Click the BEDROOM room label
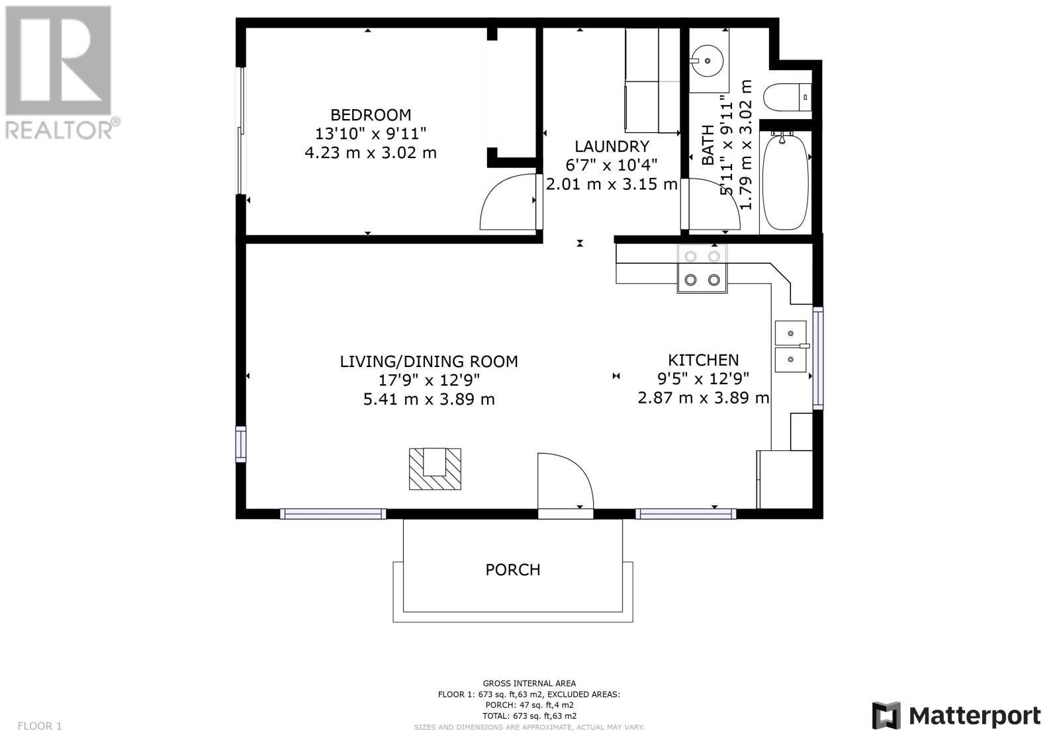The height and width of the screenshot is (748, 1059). (x=371, y=115)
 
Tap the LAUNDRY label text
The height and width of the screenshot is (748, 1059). (x=612, y=146)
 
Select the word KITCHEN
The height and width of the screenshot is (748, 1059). (x=703, y=360)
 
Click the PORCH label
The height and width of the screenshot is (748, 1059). (x=513, y=570)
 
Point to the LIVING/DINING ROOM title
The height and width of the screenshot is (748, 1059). (x=429, y=362)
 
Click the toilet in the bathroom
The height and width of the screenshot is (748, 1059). (x=788, y=97)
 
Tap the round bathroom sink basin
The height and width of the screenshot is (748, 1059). (x=708, y=60)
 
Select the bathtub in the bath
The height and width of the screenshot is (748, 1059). (x=785, y=182)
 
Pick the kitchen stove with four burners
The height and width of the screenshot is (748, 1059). (x=702, y=269)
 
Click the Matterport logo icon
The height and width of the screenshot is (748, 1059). (x=886, y=716)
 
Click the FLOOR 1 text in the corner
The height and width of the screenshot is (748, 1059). (x=40, y=726)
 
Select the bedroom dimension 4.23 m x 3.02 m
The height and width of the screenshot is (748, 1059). (x=371, y=153)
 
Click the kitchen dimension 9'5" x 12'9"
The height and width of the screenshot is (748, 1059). (x=703, y=379)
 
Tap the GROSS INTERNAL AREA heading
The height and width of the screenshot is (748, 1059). (x=529, y=683)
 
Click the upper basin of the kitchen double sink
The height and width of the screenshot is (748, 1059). (x=790, y=333)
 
